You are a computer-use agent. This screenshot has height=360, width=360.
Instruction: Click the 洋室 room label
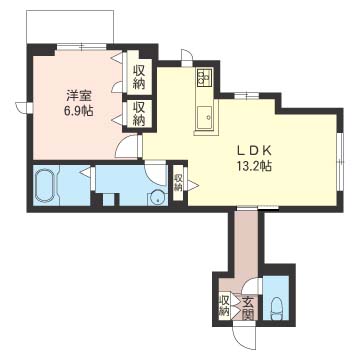click(x=78, y=96)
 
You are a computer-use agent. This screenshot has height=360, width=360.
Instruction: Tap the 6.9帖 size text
click(x=78, y=110)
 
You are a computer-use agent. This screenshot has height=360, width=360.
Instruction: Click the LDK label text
click(x=254, y=151)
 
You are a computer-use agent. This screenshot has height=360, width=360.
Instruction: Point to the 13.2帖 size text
click(x=254, y=165)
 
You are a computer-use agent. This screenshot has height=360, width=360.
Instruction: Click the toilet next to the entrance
click(x=276, y=307)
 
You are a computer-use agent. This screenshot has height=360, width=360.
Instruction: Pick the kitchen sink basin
click(x=204, y=118)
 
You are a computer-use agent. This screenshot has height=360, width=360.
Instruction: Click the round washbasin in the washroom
click(x=156, y=197)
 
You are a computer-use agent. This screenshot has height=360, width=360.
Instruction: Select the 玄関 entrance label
click(x=248, y=307)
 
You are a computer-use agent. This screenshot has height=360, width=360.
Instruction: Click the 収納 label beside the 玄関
click(x=225, y=305)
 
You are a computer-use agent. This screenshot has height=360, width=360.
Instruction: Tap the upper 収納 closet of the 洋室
click(x=139, y=77)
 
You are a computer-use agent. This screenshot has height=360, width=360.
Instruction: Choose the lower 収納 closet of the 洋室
click(x=139, y=114)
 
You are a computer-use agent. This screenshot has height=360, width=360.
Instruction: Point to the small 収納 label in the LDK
click(x=177, y=182)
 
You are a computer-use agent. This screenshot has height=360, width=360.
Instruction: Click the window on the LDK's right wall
click(x=340, y=162)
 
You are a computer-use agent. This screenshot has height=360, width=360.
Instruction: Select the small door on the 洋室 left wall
click(x=24, y=107)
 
